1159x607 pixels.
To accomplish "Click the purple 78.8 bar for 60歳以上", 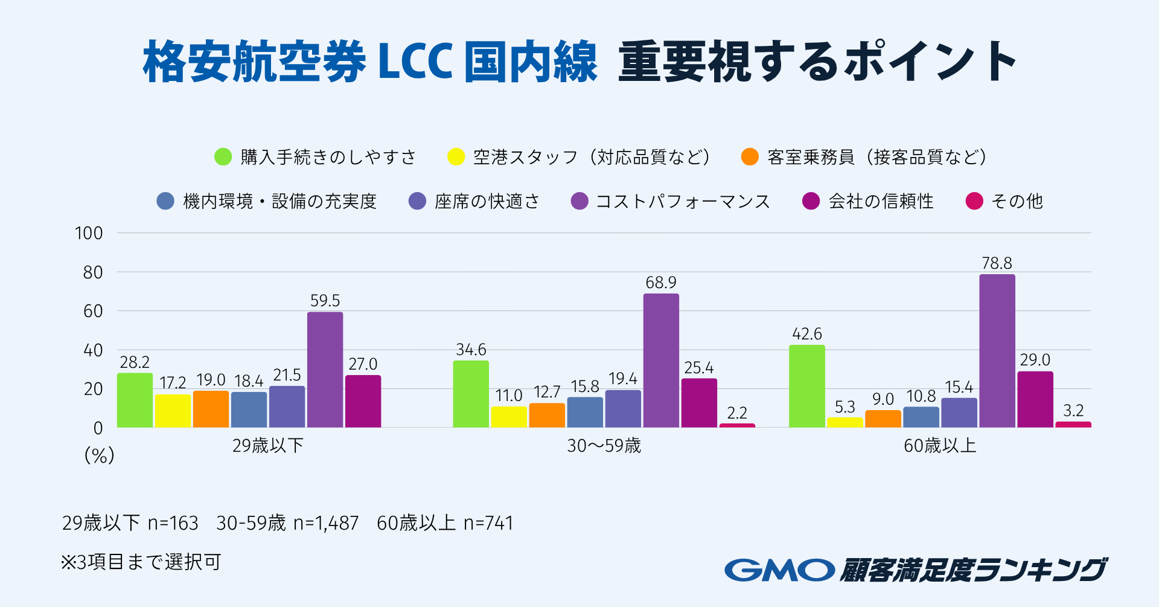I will tap(997, 351).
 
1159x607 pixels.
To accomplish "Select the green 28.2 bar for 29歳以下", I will tap(135, 400).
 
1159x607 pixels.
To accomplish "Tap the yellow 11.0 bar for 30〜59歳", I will tap(508, 417).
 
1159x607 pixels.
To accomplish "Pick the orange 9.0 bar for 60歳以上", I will tap(883, 419).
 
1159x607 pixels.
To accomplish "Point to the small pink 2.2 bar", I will tap(737, 425).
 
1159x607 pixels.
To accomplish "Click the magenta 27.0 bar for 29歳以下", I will tap(363, 402).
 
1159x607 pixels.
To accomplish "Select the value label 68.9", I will tap(661, 283).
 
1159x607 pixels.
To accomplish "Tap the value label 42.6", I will tap(807, 334).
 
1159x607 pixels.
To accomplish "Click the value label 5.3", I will tap(845, 407).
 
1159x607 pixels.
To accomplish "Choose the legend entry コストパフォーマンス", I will tap(682, 201).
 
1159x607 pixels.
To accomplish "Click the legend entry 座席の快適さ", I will tap(487, 201).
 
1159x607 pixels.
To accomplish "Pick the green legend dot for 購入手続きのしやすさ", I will tap(223, 157).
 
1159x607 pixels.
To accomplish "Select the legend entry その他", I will tap(1017, 201).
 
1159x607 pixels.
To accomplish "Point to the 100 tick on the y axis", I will tap(89, 233).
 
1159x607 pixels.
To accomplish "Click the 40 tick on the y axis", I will tap(93, 350).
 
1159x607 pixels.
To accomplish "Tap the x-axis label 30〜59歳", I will tap(604, 446).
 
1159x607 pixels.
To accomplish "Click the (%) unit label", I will tap(99, 455).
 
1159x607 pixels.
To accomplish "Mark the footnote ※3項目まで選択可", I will tap(141, 562).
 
